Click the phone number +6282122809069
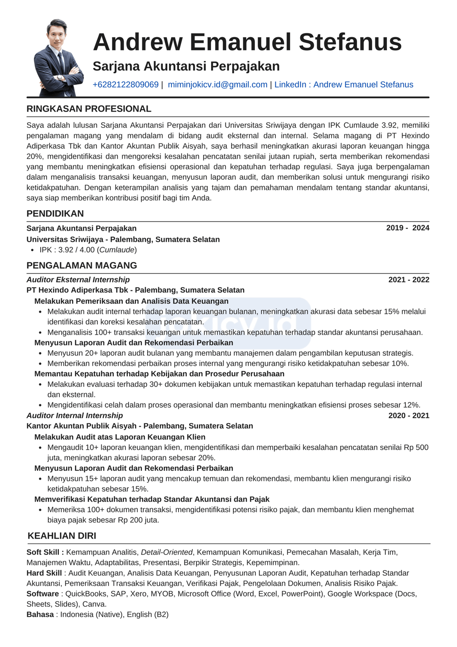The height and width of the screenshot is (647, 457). coord(125,85)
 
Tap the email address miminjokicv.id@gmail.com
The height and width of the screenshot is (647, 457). coord(217,85)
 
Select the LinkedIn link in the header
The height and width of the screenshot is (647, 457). coord(344,85)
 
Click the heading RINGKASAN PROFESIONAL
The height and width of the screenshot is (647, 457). coord(89,109)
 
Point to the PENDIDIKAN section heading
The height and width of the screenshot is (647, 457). coord(55,214)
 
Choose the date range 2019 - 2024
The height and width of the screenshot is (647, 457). coord(407,228)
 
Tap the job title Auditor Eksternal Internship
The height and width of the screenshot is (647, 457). coord(78,280)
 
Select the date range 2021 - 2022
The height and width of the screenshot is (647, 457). coord(408,280)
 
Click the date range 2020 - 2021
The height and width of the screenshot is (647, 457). coord(408,415)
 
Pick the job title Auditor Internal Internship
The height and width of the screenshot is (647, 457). coord(75,415)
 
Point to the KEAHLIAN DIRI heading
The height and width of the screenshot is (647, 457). coord(62,536)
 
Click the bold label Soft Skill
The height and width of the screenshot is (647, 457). coord(45,552)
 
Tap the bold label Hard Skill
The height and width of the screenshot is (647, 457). coord(44,573)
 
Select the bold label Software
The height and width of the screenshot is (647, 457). coord(42,594)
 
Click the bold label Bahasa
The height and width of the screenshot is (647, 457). coord(40,614)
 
